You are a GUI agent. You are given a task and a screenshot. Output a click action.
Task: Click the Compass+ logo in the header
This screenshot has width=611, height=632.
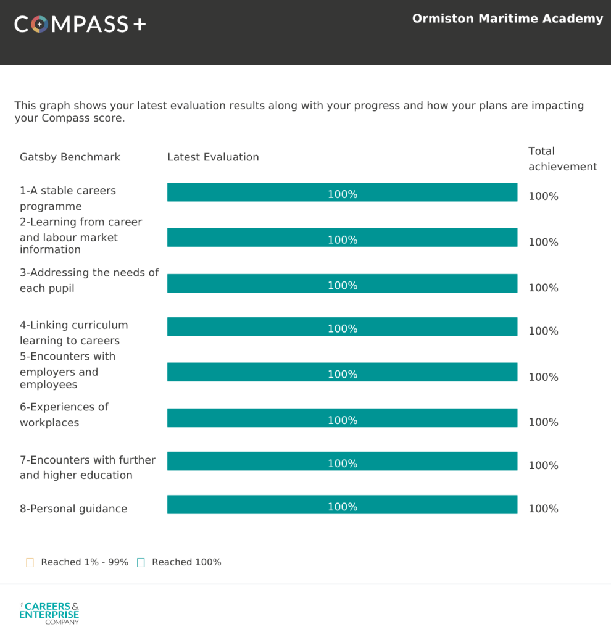pyautogui.click(x=80, y=24)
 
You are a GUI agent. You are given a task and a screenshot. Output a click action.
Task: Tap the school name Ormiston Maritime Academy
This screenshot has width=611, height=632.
pyautogui.click(x=507, y=19)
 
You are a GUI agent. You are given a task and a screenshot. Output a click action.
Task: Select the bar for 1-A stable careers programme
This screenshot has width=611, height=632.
pyautogui.click(x=342, y=193)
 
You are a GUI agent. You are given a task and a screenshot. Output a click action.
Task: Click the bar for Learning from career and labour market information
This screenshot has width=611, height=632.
pyautogui.click(x=342, y=238)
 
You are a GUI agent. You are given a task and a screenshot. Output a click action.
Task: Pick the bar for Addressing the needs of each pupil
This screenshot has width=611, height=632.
pyautogui.click(x=342, y=283)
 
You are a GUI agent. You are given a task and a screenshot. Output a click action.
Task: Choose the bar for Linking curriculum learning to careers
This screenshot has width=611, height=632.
pyautogui.click(x=342, y=327)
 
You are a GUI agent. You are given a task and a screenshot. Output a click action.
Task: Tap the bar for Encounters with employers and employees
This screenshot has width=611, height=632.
pyautogui.click(x=342, y=372)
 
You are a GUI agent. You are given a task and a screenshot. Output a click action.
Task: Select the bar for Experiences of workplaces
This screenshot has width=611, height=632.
pyautogui.click(x=342, y=418)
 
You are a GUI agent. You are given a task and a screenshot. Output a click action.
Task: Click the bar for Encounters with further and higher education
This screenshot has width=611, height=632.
pyautogui.click(x=342, y=462)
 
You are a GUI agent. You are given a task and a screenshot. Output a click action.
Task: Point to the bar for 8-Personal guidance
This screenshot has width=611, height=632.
pyautogui.click(x=342, y=505)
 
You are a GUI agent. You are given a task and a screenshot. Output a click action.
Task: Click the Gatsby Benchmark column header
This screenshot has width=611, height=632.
pyautogui.click(x=70, y=157)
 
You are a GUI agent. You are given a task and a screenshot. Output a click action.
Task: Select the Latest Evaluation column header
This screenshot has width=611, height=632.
pyautogui.click(x=213, y=157)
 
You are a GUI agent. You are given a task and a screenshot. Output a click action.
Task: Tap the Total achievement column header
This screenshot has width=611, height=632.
pyautogui.click(x=562, y=159)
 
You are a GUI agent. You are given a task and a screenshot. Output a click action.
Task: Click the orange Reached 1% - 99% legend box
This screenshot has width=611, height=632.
pyautogui.click(x=30, y=562)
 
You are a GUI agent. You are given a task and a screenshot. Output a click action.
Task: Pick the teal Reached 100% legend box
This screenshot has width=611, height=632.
pyautogui.click(x=141, y=562)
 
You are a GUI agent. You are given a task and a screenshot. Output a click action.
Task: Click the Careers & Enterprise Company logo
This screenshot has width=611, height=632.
pyautogui.click(x=49, y=613)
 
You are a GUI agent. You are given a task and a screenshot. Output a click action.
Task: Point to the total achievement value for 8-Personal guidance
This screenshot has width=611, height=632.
pyautogui.click(x=543, y=509)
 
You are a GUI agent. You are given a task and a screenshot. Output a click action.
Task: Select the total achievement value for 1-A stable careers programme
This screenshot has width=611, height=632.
pyautogui.click(x=543, y=196)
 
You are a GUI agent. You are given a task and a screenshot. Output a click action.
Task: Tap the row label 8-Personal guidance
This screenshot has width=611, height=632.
pyautogui.click(x=73, y=509)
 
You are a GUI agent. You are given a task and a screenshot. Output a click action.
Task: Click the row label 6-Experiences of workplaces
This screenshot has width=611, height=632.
pyautogui.click(x=64, y=415)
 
